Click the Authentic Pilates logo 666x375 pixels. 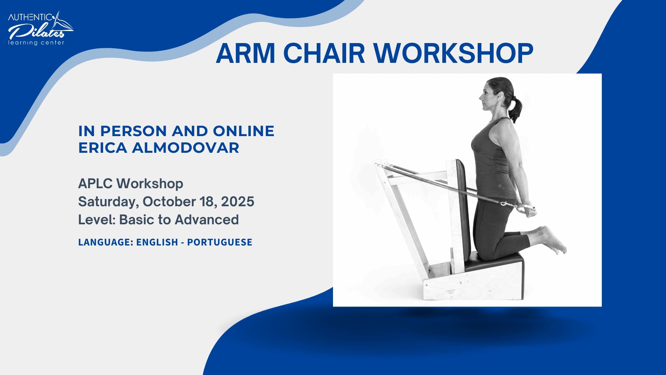pyautogui.click(x=40, y=28)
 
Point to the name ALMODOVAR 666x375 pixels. pyautogui.click(x=185, y=148)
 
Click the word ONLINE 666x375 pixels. pyautogui.click(x=244, y=131)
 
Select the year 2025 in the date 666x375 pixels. pyautogui.click(x=238, y=202)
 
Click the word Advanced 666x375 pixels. pyautogui.click(x=207, y=220)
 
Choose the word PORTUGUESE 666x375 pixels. pyautogui.click(x=220, y=242)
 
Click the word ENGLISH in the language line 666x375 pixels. pyautogui.click(x=157, y=242)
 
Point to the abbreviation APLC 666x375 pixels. pyautogui.click(x=95, y=184)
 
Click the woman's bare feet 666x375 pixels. pyautogui.click(x=553, y=240)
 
